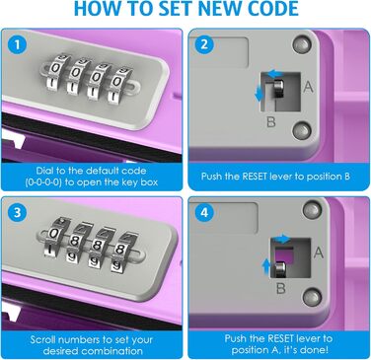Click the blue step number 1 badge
point(18,45)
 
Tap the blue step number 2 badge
point(204,44)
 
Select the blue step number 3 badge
point(17,213)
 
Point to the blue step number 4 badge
point(204,213)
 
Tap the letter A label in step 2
point(308,87)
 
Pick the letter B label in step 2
point(270,122)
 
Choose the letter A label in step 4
point(319,252)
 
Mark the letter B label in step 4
point(281,288)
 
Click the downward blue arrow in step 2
point(260,93)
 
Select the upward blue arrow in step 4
point(265,266)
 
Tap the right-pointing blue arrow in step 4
point(282,239)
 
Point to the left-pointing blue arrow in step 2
point(273,74)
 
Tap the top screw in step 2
point(302,44)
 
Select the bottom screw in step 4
point(312,297)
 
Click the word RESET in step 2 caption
point(255,177)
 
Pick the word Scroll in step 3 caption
point(43,339)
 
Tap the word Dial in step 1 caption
point(44,171)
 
